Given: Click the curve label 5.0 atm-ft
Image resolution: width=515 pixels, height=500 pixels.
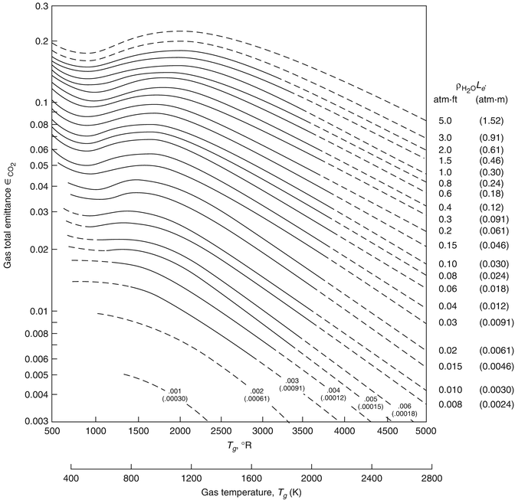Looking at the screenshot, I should coord(445,122).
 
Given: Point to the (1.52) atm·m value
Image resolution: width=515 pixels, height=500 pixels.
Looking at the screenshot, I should coord(490,122).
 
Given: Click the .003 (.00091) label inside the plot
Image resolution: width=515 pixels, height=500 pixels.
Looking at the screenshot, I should coord(291,384).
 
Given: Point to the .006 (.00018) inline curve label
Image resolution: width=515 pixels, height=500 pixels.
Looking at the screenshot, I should coord(404,410).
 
